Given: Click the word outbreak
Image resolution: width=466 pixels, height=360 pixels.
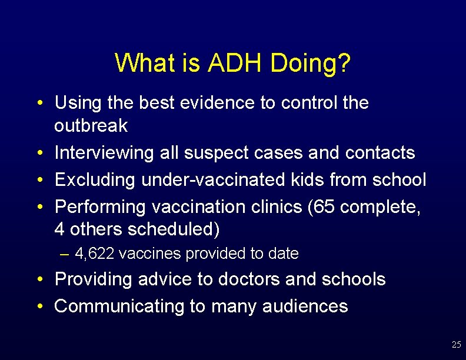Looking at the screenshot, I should (x=91, y=126).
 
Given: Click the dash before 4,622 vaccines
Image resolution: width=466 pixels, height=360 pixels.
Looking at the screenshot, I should (x=65, y=254).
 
